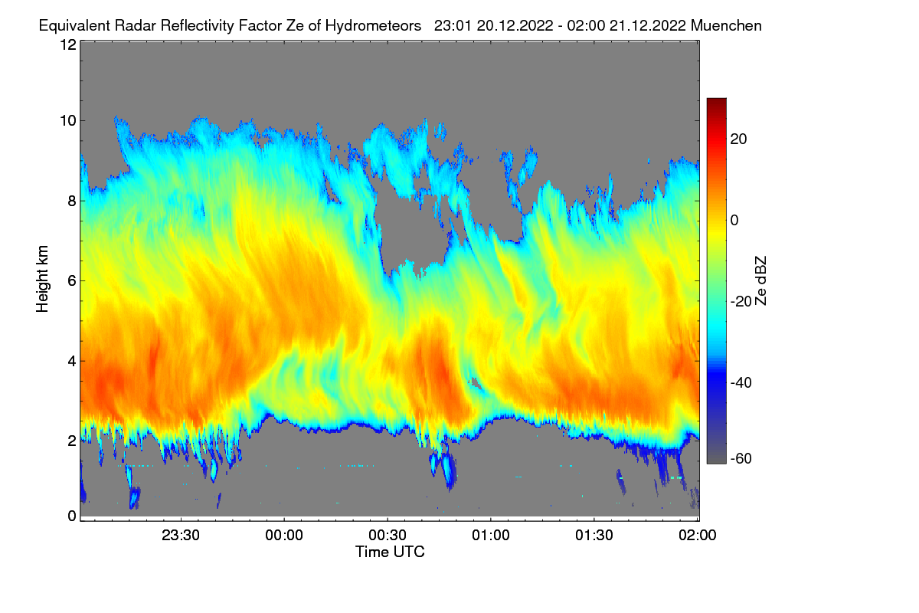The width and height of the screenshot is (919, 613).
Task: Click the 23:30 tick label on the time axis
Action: click(181, 536)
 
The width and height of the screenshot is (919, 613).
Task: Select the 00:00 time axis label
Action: click(284, 536)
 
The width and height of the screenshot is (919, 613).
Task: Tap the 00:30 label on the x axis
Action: click(388, 536)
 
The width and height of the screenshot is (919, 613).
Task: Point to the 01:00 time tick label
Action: click(491, 536)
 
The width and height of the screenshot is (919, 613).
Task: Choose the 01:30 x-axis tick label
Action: click(594, 536)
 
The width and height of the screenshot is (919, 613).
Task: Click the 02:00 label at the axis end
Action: click(698, 536)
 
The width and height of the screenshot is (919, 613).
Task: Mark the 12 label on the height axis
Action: click(68, 44)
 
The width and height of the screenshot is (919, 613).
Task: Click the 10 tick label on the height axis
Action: click(68, 121)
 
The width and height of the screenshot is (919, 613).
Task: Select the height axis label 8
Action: click(72, 202)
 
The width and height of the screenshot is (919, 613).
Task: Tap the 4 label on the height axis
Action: click(72, 362)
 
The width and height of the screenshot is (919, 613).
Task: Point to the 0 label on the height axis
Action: click(72, 516)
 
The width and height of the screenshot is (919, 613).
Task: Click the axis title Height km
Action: click(42, 279)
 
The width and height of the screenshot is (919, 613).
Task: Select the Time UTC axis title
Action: click(390, 552)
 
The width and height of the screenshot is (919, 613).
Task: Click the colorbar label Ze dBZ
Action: click(760, 281)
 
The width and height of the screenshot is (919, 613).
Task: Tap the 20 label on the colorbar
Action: click(738, 139)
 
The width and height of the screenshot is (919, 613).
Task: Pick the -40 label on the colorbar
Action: click(741, 382)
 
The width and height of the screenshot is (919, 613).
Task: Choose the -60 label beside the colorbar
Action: click(741, 459)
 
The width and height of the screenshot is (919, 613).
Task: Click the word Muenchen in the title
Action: click(726, 26)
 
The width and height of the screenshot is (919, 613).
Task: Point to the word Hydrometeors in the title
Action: click(374, 26)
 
